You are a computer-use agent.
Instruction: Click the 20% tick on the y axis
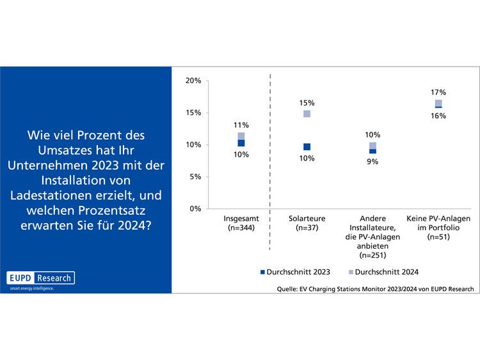(x=193, y=81)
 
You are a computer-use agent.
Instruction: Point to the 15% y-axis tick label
(x=193, y=113)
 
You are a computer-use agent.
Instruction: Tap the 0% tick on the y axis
(x=195, y=208)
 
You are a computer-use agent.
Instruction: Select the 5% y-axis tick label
(x=195, y=176)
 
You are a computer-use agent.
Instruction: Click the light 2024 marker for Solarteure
(x=307, y=114)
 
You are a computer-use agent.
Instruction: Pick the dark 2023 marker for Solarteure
(x=307, y=147)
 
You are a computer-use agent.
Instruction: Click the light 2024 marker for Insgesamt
(x=241, y=136)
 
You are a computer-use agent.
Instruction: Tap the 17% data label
(x=438, y=92)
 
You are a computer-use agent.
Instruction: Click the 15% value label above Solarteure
(x=307, y=103)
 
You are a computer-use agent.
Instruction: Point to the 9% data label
(x=372, y=162)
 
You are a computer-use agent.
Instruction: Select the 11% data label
(x=241, y=125)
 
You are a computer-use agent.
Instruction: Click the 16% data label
(x=438, y=116)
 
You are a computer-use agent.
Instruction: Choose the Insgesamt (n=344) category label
(x=241, y=223)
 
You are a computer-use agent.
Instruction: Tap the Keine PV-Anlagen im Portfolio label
(x=438, y=223)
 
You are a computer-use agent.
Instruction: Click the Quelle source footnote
(x=375, y=289)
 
